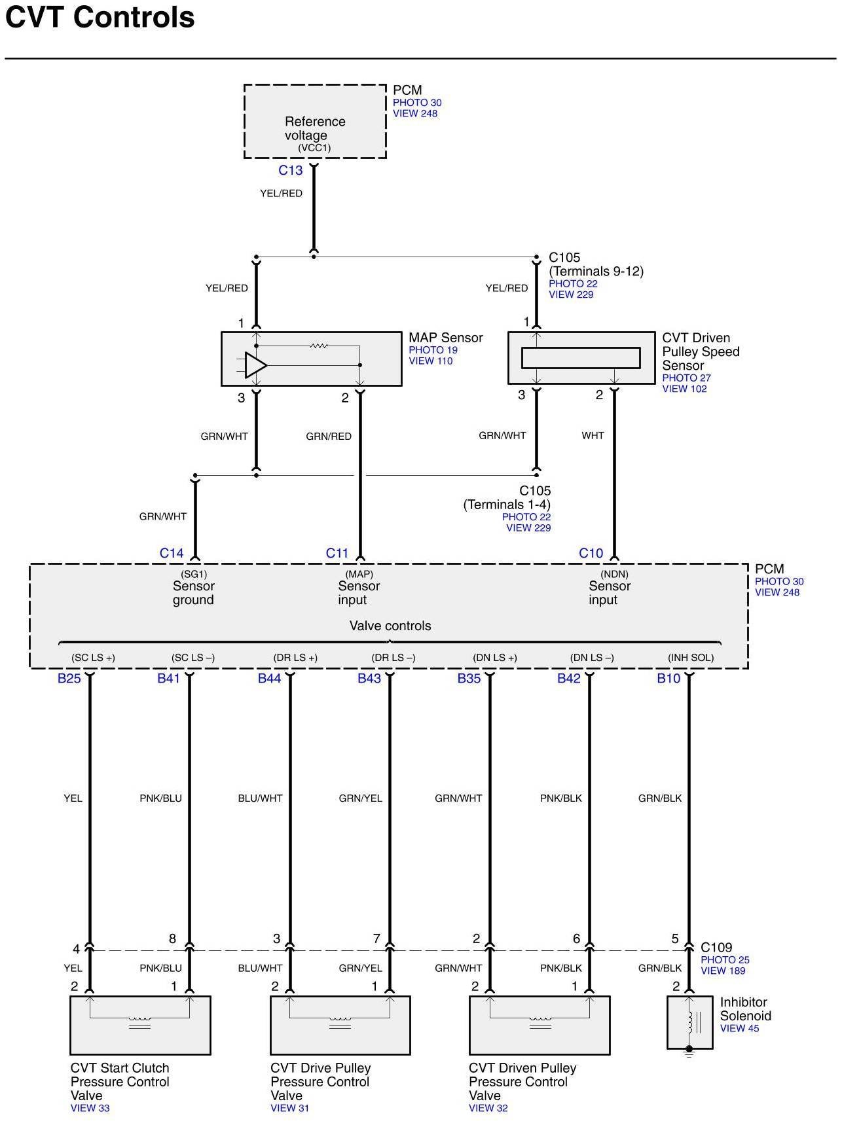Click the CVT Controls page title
coord(100,18)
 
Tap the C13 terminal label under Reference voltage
coord(290,170)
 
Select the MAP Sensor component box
coord(311,359)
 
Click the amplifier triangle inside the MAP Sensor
coord(255,365)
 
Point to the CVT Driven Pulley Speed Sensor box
coord(581,358)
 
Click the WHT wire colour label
coord(593,435)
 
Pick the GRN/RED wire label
coord(329,436)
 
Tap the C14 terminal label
coord(172,553)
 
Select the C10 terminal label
coord(591,553)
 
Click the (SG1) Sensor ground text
coord(193,588)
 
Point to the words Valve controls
coord(390,626)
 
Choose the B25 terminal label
coord(69,679)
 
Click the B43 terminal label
coord(369,679)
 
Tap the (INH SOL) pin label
coord(691,658)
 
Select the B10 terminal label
coord(668,679)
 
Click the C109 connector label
coord(716,947)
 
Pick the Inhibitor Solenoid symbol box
coord(689,1022)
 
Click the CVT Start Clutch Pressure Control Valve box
coord(140,1025)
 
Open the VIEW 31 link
coord(289,1108)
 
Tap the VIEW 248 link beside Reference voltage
coord(415,113)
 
